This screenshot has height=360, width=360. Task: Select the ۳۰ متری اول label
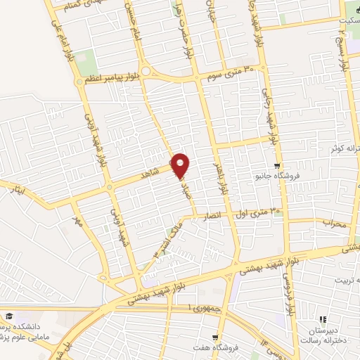click(263, 210)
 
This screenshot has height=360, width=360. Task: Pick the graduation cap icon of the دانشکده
click(10, 317)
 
